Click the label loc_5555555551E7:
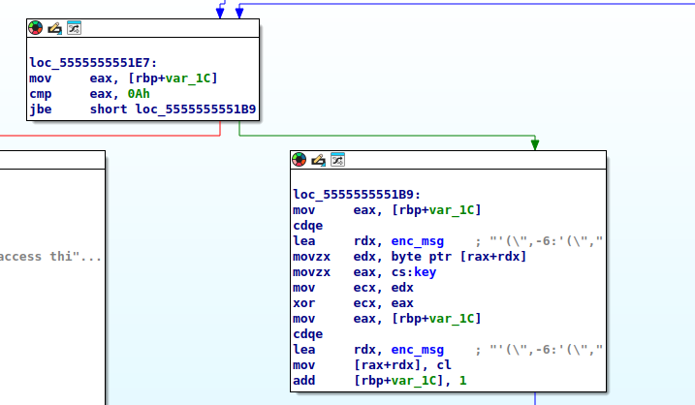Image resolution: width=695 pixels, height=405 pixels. [93, 63]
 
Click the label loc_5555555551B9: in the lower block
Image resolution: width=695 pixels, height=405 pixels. [357, 195]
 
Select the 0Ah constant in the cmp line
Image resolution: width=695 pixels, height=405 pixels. [139, 94]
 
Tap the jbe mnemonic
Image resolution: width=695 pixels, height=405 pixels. [41, 109]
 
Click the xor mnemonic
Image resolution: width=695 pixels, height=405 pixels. [304, 303]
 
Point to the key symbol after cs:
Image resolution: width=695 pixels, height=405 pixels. [426, 272]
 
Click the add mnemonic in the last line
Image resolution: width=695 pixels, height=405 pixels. [304, 381]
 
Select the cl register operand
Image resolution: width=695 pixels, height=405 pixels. [444, 365]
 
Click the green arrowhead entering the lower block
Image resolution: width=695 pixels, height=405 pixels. [535, 144]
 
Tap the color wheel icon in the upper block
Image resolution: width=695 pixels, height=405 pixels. [36, 28]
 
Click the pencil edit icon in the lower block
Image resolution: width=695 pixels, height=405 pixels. [318, 160]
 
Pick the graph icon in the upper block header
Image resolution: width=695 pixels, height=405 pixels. [74, 28]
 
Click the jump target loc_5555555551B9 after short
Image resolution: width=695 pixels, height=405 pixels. [196, 109]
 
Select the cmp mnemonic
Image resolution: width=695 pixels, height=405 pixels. [41, 94]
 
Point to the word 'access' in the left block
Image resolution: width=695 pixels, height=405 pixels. [20, 257]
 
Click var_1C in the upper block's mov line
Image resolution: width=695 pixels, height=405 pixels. [188, 78]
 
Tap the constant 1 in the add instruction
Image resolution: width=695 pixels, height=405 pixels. [463, 381]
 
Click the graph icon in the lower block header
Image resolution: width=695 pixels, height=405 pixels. [337, 160]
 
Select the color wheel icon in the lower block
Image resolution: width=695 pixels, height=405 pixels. [300, 160]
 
